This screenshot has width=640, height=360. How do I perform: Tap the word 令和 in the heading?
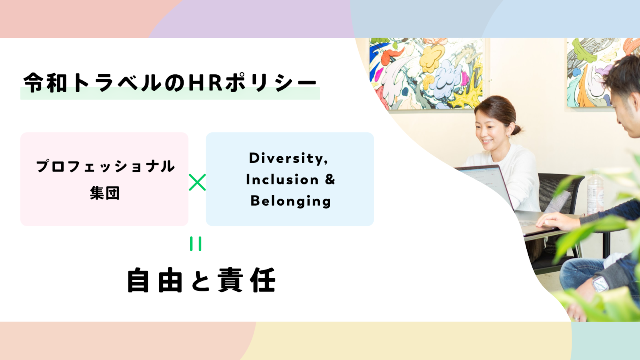45,82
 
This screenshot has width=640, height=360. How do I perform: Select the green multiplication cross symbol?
197,182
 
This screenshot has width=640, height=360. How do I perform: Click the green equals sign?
196,244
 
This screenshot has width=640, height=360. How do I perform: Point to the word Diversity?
288,158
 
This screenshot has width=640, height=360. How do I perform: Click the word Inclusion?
282,180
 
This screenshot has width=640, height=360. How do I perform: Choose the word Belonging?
290,201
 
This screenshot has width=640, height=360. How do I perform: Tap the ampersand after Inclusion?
330,179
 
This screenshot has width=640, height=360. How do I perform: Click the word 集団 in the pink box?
104,193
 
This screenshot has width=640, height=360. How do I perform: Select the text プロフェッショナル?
105,166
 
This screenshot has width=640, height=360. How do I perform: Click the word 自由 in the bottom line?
154,280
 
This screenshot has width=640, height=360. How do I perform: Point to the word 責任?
247,280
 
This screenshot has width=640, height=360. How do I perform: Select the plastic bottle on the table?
595,194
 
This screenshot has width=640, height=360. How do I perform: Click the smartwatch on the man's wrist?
600,284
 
